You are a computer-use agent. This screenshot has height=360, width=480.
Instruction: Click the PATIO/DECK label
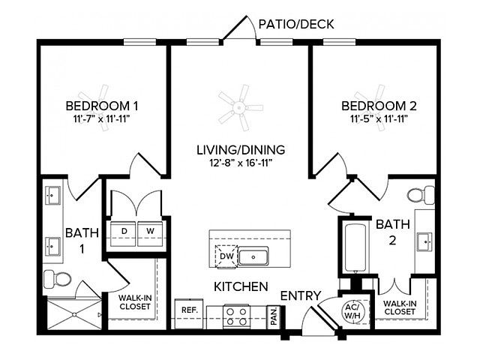[x=296, y=24]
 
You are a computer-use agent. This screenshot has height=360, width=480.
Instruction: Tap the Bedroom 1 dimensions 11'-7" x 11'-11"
[x=102, y=118]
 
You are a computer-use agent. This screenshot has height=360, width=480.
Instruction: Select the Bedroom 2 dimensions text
[x=379, y=118]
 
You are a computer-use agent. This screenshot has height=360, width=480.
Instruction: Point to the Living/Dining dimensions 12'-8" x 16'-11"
[x=241, y=163]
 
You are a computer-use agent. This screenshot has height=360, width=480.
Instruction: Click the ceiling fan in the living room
[x=240, y=108]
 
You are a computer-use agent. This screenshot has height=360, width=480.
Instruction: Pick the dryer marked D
[x=123, y=233]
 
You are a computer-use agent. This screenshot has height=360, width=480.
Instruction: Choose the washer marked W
[x=150, y=233]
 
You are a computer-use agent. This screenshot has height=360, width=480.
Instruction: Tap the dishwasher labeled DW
[x=226, y=256]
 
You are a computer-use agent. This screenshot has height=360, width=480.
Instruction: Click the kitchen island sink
[x=253, y=256]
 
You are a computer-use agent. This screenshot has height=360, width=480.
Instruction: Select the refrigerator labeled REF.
[x=189, y=313]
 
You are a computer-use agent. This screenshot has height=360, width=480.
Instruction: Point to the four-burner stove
[x=236, y=316]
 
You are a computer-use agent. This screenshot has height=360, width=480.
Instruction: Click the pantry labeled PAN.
[x=274, y=316]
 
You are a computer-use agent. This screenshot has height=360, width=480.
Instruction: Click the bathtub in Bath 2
[x=355, y=248]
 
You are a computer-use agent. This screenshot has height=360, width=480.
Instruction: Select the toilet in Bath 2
[x=421, y=195]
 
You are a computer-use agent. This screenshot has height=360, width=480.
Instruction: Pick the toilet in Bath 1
[x=57, y=279]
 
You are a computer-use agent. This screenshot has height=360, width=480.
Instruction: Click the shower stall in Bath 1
[x=74, y=313]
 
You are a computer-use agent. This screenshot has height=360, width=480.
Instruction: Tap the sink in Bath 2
[x=424, y=241]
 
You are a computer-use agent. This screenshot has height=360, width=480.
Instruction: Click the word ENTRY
[x=301, y=296]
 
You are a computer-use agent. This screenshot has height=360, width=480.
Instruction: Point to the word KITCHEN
[x=241, y=286]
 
